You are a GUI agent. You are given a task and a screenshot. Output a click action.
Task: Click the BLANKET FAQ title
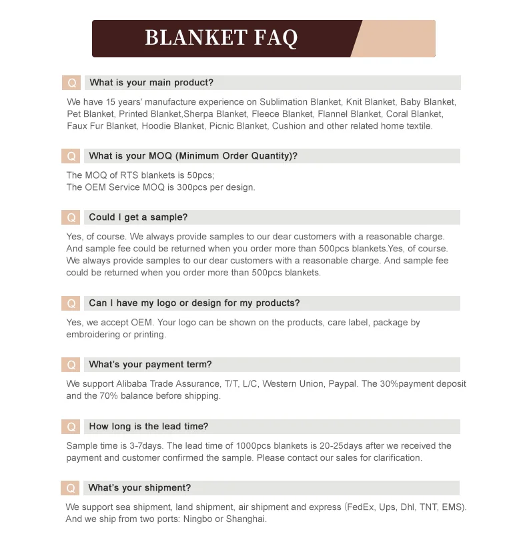pos(221,38)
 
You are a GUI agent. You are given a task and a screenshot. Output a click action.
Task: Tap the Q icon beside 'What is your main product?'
pos(71,83)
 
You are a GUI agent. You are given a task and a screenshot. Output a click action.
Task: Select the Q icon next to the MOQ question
pos(71,157)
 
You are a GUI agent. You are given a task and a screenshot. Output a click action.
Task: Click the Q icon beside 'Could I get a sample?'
pos(71,218)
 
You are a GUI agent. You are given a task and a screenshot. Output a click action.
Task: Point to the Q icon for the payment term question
pos(71,365)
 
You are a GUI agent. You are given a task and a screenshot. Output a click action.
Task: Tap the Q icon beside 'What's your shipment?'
pos(71,489)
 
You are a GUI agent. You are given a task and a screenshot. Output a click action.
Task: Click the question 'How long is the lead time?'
pos(148,427)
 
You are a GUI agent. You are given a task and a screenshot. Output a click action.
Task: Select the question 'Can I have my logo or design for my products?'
pos(194,303)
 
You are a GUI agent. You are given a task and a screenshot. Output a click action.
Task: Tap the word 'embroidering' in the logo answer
pos(93,335)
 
